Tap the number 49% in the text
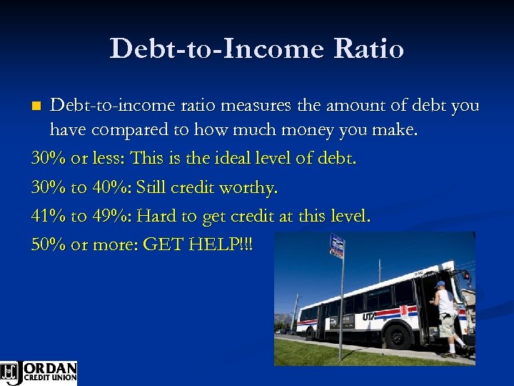[x=111, y=216]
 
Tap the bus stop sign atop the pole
[x=337, y=245]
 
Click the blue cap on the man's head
[x=440, y=284]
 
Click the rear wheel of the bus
[x=312, y=328]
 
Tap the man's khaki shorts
[x=447, y=325]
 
